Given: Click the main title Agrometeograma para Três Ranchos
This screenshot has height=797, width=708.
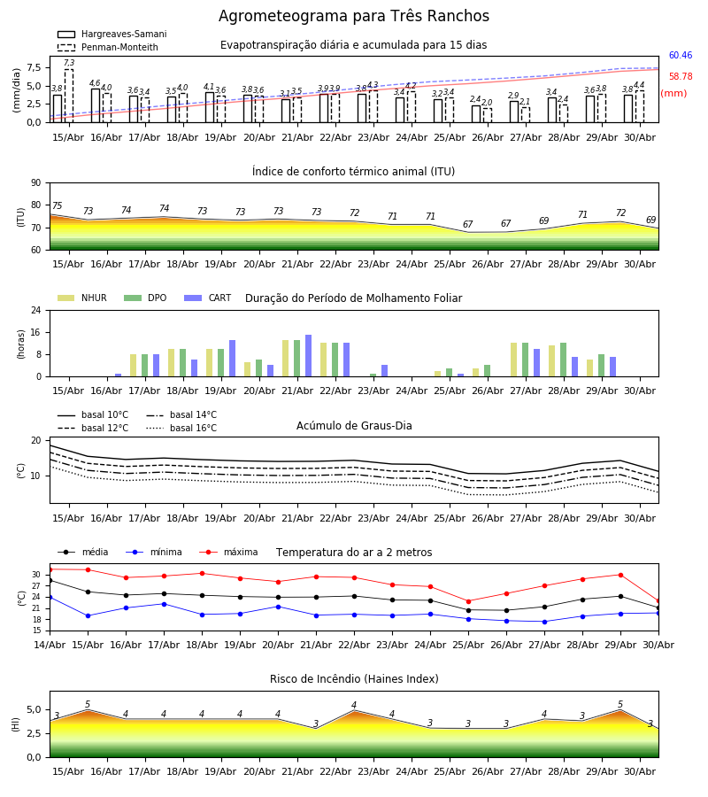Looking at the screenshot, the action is click(x=354, y=16).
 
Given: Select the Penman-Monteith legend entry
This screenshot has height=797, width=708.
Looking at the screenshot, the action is click(x=108, y=47).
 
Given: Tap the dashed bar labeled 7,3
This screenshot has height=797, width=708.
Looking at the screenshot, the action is click(x=68, y=96).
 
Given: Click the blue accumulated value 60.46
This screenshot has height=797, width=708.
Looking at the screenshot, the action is click(x=681, y=56).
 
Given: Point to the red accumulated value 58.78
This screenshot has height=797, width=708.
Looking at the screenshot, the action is click(x=681, y=77).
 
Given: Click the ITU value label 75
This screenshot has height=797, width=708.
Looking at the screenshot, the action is click(x=57, y=205).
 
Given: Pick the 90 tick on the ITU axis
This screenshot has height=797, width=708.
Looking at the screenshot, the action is click(x=36, y=183).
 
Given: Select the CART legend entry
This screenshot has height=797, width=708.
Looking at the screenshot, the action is click(x=208, y=298).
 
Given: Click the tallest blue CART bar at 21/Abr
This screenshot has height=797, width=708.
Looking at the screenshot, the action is click(x=308, y=356).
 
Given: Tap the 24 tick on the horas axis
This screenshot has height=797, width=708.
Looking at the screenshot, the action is click(x=36, y=310).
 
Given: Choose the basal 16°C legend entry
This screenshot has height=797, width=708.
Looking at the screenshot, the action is click(x=181, y=428).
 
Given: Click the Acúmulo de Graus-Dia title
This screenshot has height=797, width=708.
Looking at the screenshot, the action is click(x=354, y=426).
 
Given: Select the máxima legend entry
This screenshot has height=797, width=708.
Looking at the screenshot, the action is click(x=229, y=552).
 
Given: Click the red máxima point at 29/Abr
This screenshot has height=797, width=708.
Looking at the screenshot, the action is click(x=620, y=575).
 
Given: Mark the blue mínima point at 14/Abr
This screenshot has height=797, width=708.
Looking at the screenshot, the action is click(x=50, y=597).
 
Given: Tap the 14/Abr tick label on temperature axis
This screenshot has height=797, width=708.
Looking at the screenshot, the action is click(x=50, y=645).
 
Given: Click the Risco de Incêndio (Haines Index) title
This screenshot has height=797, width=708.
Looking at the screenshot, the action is click(x=354, y=679).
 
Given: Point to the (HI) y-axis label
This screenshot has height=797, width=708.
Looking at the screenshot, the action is click(x=16, y=724).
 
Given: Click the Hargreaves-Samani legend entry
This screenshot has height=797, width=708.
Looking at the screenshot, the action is click(x=112, y=34).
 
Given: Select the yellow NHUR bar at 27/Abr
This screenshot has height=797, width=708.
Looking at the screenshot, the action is click(x=514, y=360).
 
